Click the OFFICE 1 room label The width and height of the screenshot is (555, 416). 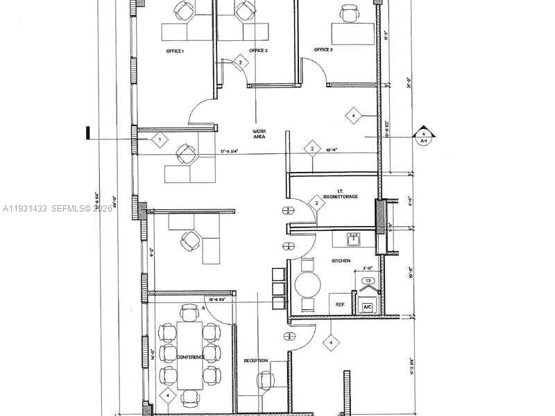(x=175, y=51)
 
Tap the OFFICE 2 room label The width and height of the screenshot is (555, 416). (x=258, y=51)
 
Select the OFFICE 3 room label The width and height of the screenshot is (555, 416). (x=323, y=50)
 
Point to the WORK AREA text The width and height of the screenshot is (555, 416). (x=259, y=134)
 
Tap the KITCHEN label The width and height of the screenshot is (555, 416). (x=341, y=261)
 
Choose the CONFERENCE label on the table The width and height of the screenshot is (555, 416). (x=190, y=357)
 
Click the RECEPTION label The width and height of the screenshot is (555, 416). (x=256, y=361)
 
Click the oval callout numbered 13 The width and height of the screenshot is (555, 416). (x=369, y=281)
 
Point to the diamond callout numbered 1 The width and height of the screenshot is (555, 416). (x=159, y=140)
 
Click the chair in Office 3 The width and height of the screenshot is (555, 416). (x=348, y=12)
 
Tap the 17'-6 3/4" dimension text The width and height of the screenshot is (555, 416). (x=234, y=151)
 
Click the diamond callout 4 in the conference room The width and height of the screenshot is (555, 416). (x=167, y=396)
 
